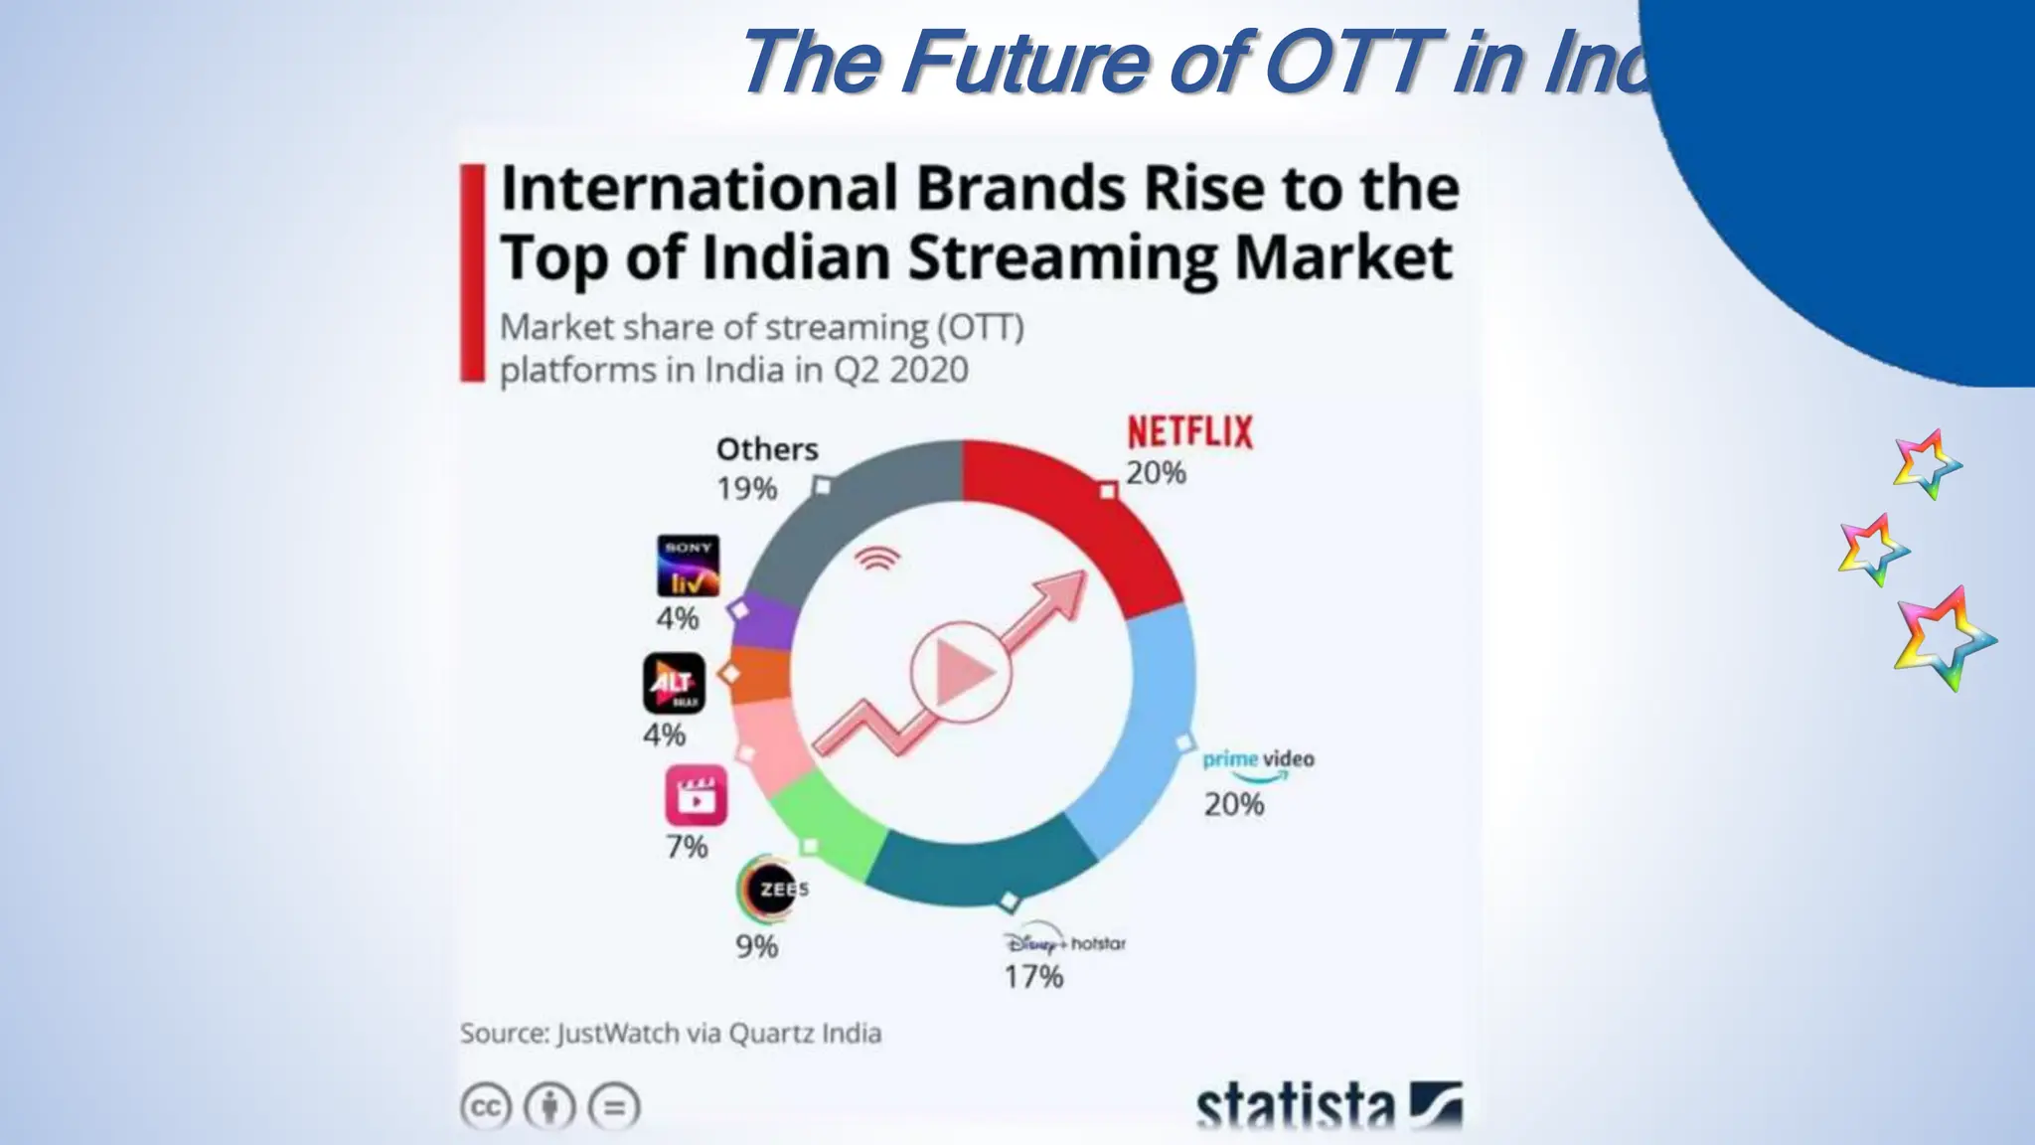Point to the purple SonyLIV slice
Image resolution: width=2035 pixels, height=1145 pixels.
pos(765,621)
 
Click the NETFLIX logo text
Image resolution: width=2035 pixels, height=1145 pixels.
pos(1189,432)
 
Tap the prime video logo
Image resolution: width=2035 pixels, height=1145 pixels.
pos(1257,762)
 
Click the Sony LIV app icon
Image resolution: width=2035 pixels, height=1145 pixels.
pos(688,567)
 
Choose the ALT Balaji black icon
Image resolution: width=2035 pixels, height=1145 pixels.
pos(674,683)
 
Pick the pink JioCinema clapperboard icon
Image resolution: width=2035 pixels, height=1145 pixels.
pos(696,795)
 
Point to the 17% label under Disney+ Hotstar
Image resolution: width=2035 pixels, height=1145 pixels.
pos(1033,976)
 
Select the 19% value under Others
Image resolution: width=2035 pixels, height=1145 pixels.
pos(747,488)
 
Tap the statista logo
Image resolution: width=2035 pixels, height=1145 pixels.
pos(1327,1106)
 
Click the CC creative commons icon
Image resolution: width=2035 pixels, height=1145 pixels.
pos(486,1106)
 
